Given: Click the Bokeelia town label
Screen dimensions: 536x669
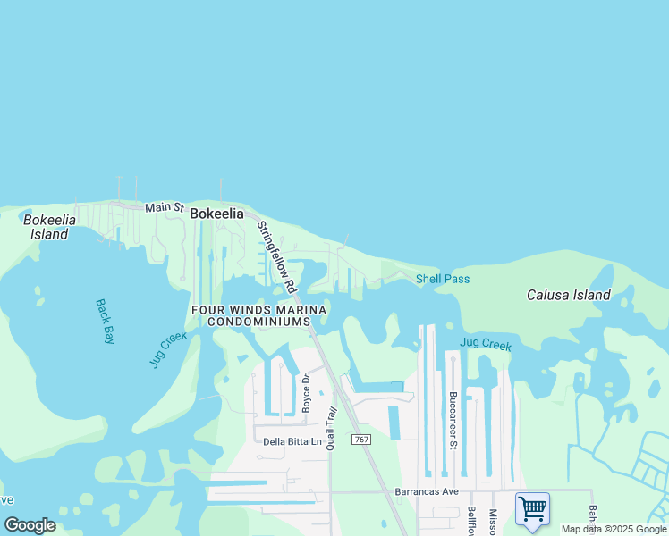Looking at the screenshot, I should [x=216, y=214].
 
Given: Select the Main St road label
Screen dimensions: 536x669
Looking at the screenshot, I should [x=164, y=207].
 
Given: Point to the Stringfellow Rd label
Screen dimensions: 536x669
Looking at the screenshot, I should [x=276, y=257].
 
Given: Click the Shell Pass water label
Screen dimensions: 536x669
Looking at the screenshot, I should [x=443, y=279].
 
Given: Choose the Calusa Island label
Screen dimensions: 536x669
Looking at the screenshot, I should [x=568, y=295].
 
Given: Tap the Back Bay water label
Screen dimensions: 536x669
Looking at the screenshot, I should [x=106, y=321].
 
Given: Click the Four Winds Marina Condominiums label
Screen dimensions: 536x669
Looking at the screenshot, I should [x=258, y=315].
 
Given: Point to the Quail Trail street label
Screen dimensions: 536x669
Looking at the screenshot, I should [x=330, y=428].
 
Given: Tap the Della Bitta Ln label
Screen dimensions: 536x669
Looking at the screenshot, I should [x=292, y=441].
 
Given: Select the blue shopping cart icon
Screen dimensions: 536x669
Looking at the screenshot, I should [x=532, y=509].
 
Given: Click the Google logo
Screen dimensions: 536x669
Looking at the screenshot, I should [x=30, y=525].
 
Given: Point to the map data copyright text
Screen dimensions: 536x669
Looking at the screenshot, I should [x=614, y=529].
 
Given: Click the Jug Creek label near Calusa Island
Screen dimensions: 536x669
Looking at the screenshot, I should [x=485, y=343].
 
